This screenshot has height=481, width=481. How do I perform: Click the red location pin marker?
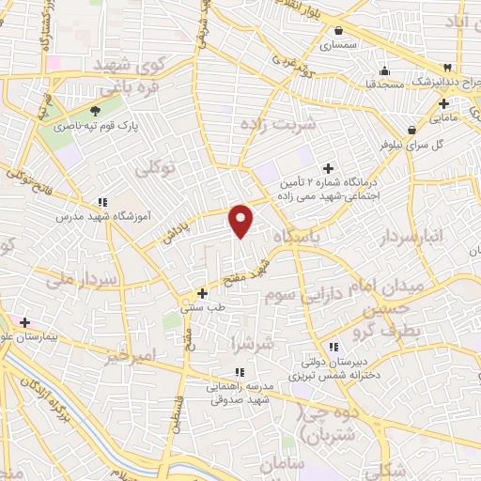(241, 221)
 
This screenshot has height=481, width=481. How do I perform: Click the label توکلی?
(156, 169)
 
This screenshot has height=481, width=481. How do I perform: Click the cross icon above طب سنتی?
(203, 293)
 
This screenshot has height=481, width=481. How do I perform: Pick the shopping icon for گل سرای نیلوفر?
(411, 130)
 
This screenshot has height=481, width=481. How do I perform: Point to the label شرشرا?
(256, 344)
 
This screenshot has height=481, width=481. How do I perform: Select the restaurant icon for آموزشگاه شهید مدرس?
(102, 202)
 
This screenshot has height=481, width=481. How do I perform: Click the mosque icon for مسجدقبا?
(383, 70)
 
